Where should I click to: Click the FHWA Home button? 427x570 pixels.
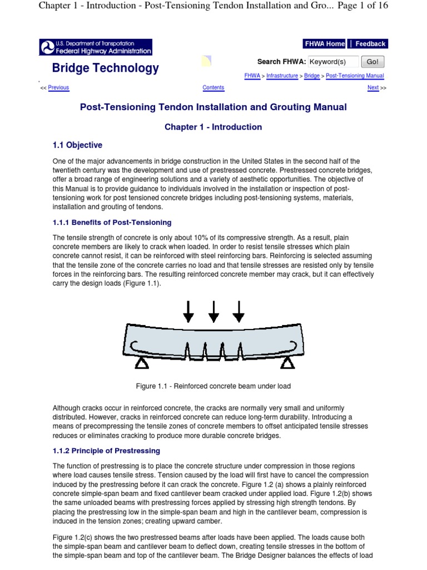point(324,44)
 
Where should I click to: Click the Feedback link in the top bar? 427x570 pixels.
point(370,44)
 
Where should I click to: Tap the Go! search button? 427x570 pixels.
point(373,62)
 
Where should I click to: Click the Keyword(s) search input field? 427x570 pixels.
point(333,62)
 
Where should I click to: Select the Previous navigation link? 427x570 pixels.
point(58,87)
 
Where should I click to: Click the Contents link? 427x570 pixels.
point(213,87)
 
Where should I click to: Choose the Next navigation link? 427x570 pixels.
point(373,87)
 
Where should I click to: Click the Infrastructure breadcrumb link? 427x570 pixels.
point(282,76)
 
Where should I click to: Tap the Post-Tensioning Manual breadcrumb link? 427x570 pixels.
point(355,76)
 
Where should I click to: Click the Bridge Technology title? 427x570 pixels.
point(105,68)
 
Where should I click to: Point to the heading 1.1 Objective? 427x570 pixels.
point(77,145)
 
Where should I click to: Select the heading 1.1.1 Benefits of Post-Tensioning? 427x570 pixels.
point(112,223)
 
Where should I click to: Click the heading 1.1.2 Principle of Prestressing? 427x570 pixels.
point(106,450)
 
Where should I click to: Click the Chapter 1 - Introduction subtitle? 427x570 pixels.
point(213,127)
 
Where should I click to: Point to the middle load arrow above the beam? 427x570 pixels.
point(213,311)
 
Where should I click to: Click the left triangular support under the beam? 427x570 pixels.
point(142,363)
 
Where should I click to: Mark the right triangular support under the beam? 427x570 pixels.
point(287,363)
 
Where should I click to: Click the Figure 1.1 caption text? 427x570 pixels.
point(213,386)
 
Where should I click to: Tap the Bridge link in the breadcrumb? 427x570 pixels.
point(312,76)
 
